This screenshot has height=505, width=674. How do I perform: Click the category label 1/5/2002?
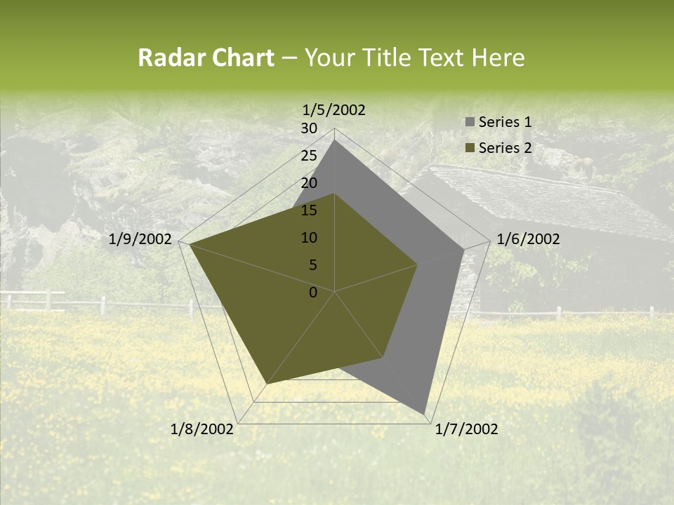pyautogui.click(x=334, y=109)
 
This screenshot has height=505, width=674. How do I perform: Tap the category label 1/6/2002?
pyautogui.click(x=528, y=239)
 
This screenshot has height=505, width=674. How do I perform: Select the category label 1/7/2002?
pyautogui.click(x=466, y=429)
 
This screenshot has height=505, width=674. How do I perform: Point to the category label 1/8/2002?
pyautogui.click(x=202, y=429)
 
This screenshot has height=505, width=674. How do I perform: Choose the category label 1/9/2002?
pyautogui.click(x=140, y=239)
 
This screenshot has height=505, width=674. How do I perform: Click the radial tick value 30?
pyautogui.click(x=309, y=128)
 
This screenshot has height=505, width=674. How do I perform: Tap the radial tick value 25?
pyautogui.click(x=309, y=156)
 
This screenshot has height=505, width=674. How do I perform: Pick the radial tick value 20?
pyautogui.click(x=309, y=183)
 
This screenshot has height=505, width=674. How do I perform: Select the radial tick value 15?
pyautogui.click(x=309, y=210)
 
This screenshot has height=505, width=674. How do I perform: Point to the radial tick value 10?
pyautogui.click(x=309, y=238)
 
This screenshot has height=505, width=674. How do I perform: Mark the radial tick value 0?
pyautogui.click(x=313, y=292)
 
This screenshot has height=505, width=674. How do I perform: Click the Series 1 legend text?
pyautogui.click(x=505, y=122)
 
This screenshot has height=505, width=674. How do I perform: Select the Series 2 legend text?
pyautogui.click(x=505, y=147)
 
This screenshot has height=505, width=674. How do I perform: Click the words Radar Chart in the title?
pyautogui.click(x=206, y=58)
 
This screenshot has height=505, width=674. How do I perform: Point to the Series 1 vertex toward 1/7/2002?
pyautogui.click(x=425, y=413)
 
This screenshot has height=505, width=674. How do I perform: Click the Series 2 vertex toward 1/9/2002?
pyautogui.click(x=190, y=245)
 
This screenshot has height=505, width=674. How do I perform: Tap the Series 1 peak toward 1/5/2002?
pyautogui.click(x=334, y=140)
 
